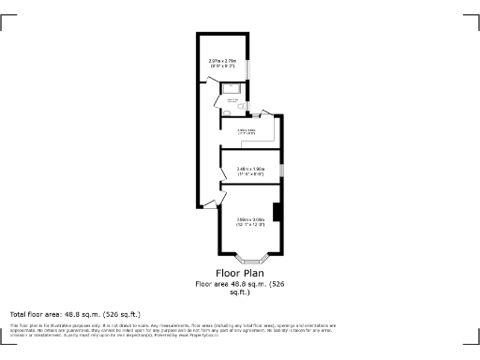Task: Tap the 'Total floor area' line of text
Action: point(75,313)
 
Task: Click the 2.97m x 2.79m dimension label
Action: point(223,64)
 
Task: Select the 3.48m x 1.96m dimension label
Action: point(250,171)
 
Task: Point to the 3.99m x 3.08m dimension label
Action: point(250,223)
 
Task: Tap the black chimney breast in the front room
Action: point(277,214)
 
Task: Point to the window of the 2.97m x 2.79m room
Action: point(247,70)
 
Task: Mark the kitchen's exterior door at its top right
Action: point(266,112)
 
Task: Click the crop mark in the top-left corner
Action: point(8,21)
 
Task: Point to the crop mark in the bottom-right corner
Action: point(471,338)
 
